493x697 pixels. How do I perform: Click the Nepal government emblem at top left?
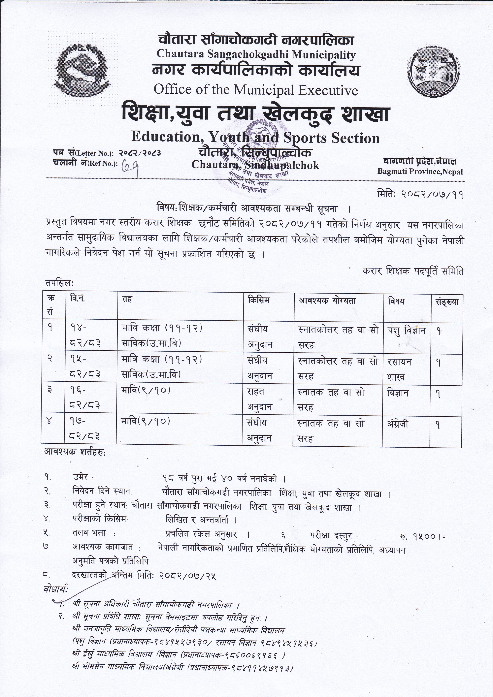[82, 70]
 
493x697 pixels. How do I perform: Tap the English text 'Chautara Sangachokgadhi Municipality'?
[256, 55]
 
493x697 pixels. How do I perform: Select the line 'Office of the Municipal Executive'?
[256, 90]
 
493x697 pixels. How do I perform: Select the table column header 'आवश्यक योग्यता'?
[327, 301]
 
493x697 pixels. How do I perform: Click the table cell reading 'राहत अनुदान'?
[260, 399]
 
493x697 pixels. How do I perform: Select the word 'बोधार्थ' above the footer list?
[56, 589]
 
